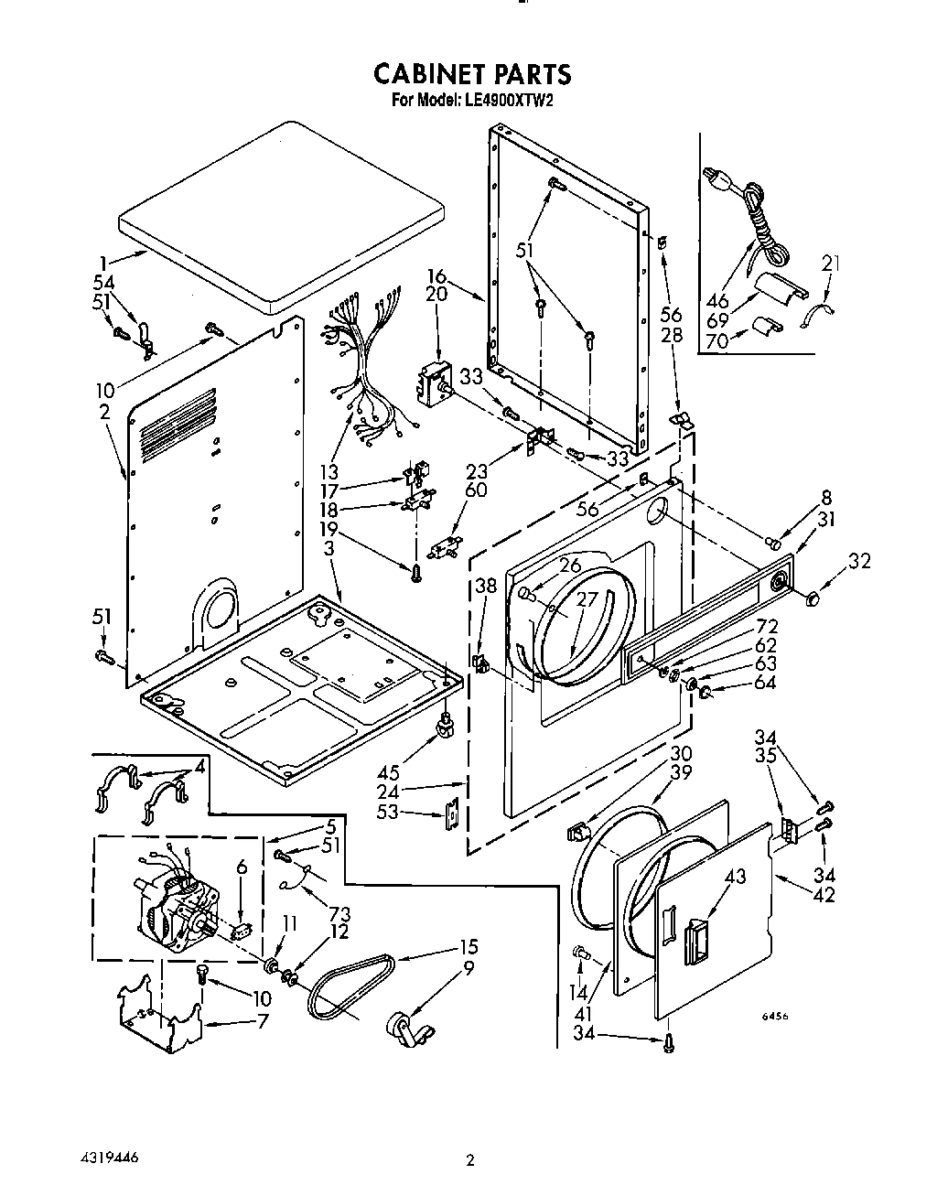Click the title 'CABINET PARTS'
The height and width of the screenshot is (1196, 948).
click(473, 74)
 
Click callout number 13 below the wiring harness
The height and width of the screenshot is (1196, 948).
click(329, 473)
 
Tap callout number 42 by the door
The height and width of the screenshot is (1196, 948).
click(824, 895)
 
